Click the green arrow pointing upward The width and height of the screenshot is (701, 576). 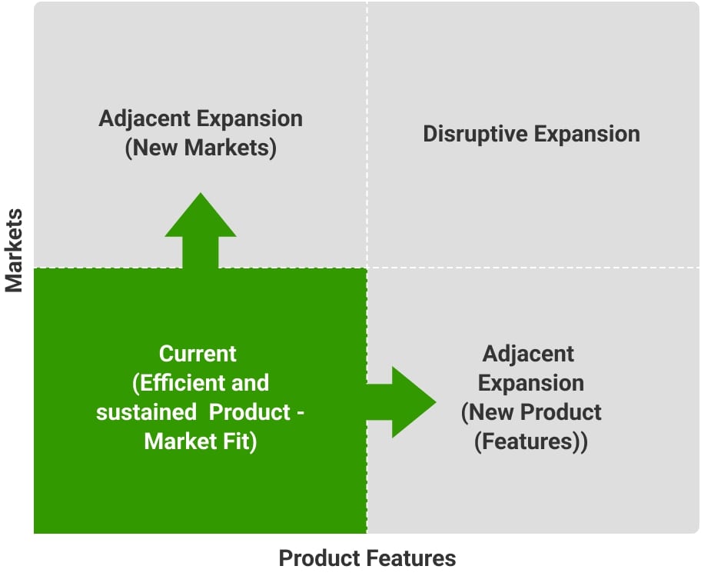pyautogui.click(x=201, y=230)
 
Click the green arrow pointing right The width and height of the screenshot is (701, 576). pyautogui.click(x=401, y=402)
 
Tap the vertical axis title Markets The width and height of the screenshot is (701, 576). pyautogui.click(x=14, y=251)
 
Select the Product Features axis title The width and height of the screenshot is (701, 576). pyautogui.click(x=367, y=558)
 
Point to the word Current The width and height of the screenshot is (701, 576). pyautogui.click(x=198, y=354)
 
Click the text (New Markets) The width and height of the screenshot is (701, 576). pyautogui.click(x=201, y=148)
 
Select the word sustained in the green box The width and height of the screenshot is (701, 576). pyautogui.click(x=146, y=412)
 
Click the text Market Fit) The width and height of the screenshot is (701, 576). pyautogui.click(x=201, y=442)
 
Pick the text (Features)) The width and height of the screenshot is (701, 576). pyautogui.click(x=531, y=442)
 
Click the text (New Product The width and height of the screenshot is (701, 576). pyautogui.click(x=531, y=412)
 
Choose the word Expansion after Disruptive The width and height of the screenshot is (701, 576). pyautogui.click(x=587, y=134)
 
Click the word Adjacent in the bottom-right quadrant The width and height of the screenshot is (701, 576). pyautogui.click(x=528, y=354)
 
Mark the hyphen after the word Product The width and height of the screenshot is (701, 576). pyautogui.click(x=301, y=413)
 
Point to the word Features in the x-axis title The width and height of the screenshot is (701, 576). pyautogui.click(x=412, y=558)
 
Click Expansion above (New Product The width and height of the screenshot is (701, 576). pyautogui.click(x=531, y=383)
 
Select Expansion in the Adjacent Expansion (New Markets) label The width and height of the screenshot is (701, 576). pyautogui.click(x=250, y=119)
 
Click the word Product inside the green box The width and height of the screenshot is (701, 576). pyautogui.click(x=250, y=412)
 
